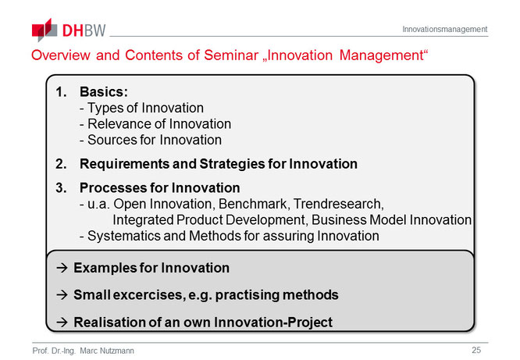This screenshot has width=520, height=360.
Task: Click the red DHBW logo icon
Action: [45, 30]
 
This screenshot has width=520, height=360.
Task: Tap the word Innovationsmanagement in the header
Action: [445, 29]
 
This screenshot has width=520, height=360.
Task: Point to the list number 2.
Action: [61, 164]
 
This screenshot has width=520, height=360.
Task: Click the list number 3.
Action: [61, 187]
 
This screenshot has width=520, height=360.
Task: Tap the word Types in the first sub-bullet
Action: [105, 109]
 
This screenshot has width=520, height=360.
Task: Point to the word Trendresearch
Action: [339, 204]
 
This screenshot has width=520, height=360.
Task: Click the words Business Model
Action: [358, 219]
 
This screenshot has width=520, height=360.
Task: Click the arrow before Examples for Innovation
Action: [62, 268]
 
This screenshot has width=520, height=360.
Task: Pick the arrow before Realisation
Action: [62, 323]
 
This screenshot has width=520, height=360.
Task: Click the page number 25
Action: [476, 350]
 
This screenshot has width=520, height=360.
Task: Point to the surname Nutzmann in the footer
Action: [117, 351]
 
